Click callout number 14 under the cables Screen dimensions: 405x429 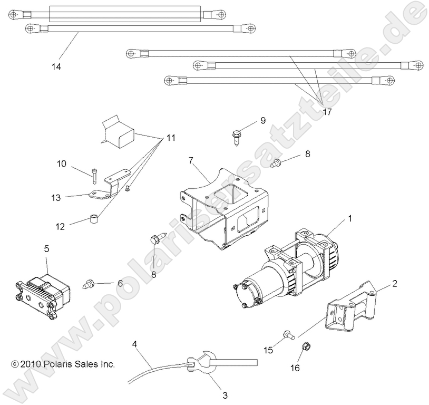56,67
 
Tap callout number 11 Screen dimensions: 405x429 170,138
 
